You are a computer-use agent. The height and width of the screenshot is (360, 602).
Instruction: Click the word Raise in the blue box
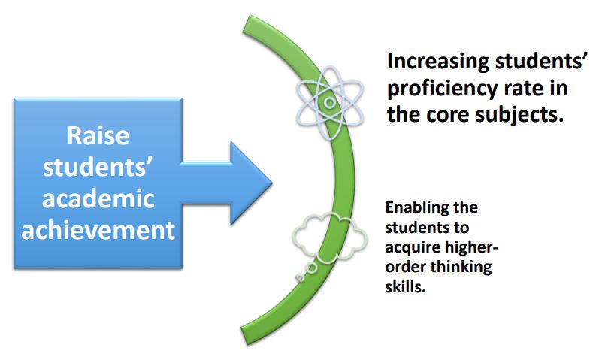point(98,135)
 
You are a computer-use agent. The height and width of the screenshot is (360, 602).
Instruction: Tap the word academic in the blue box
point(98,198)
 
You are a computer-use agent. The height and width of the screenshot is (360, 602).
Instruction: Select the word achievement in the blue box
point(98,230)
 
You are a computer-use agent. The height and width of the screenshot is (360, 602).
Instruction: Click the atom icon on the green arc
point(329,102)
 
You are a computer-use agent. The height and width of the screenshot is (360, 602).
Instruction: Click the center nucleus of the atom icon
point(329,102)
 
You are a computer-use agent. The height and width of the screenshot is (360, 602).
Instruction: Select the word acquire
point(410,248)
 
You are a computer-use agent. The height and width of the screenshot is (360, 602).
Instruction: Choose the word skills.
point(405,286)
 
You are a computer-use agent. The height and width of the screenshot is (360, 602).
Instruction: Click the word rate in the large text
point(521,89)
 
